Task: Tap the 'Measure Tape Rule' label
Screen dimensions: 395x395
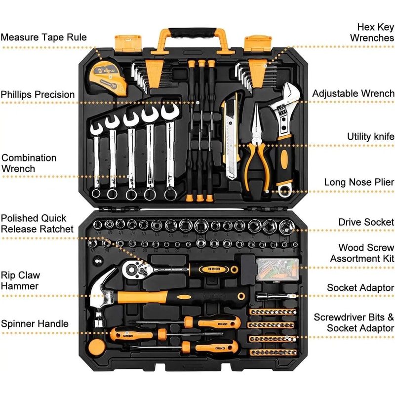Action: [x=43, y=37]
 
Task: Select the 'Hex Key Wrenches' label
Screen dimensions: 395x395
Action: [x=372, y=32]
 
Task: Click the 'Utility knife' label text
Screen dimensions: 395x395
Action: [x=370, y=136]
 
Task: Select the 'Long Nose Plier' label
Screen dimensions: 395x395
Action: [x=359, y=182]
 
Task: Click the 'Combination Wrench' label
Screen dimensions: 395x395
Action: [x=29, y=163]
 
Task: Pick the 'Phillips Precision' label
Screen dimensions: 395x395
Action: [x=38, y=94]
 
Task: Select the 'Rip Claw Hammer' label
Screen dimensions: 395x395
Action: [x=20, y=280]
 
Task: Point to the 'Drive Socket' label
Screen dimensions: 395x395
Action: [x=366, y=222]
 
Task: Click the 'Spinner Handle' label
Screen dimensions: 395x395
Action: [x=35, y=324]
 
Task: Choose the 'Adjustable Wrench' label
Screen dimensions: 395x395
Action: [x=353, y=93]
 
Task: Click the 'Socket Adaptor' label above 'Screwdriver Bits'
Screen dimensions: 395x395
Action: [x=360, y=287]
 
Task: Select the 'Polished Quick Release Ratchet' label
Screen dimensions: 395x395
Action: [x=37, y=223]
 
